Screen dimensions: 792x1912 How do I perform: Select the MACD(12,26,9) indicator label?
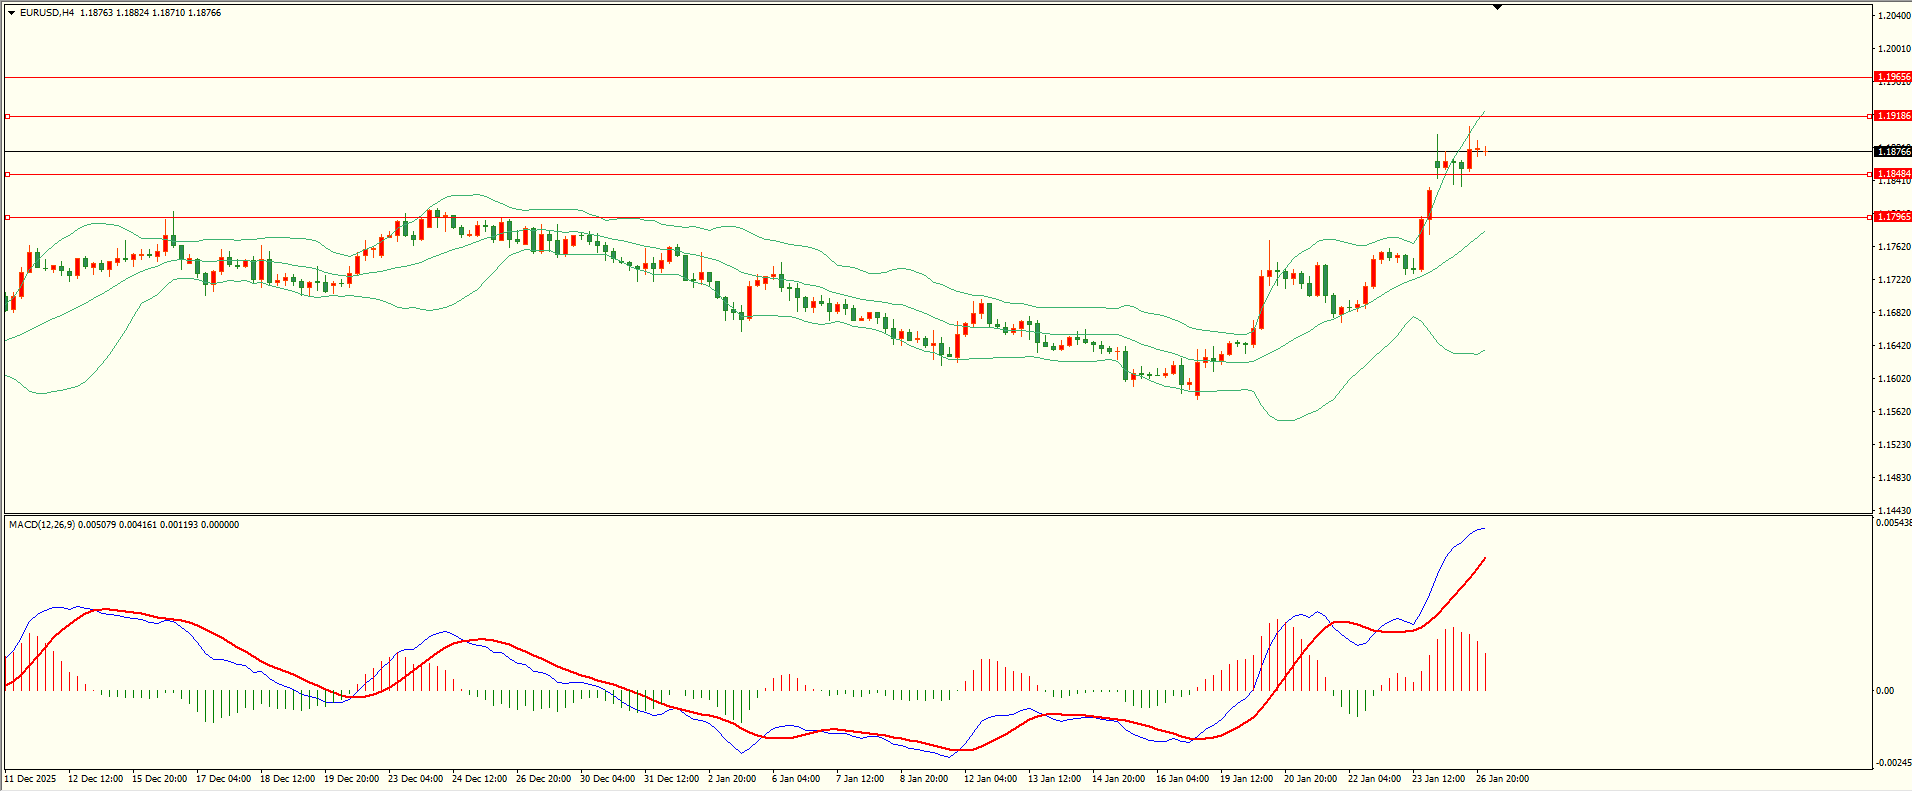coord(41,525)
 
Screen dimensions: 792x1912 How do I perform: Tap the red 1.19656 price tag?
coord(1893,77)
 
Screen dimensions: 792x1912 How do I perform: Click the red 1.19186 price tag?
coord(1893,116)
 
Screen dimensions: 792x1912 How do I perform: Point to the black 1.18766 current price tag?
coord(1893,152)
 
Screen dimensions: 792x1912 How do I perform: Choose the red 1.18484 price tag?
coord(1893,174)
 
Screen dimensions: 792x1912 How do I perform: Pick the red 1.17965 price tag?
coord(1893,217)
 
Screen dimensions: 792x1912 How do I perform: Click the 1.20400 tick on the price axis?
coord(1894,16)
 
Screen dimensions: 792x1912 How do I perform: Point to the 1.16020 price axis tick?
coord(1894,379)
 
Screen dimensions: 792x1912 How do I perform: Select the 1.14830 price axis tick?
coord(1894,478)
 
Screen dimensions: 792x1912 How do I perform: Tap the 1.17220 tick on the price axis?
coord(1894,280)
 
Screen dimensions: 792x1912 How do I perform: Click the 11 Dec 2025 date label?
coord(31,779)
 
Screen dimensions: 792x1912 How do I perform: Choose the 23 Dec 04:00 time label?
coord(415,779)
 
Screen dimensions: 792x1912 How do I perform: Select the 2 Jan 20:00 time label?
coord(732,779)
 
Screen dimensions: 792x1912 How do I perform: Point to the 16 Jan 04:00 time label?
coord(1182,779)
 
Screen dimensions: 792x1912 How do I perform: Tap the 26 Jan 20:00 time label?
coord(1502,779)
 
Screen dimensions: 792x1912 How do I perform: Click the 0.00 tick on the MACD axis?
coord(1884,691)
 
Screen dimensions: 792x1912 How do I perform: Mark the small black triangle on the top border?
coord(1497,7)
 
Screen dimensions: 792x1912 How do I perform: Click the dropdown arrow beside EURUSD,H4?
coord(12,13)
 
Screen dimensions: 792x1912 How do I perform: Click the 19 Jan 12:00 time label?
coord(1246,779)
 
